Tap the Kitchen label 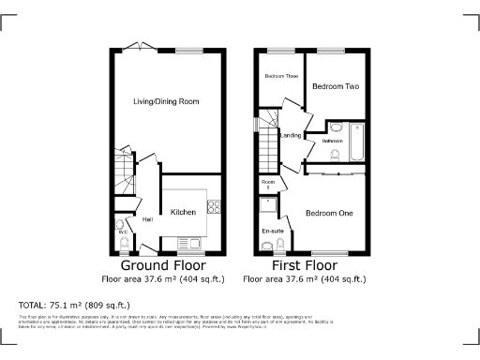pos(184,213)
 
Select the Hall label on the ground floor pos(147,220)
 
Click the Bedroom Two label pos(336,86)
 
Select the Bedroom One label pos(329,214)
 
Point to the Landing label pos(291,136)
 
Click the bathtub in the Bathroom pos(356,141)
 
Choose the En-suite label pos(272,230)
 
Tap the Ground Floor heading pos(150,266)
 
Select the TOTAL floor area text pos(74,305)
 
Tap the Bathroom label pos(333,142)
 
